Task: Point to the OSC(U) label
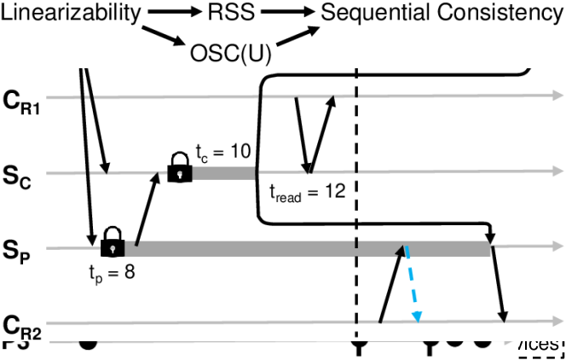pyautogui.click(x=228, y=54)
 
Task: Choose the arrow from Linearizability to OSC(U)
pyautogui.click(x=167, y=37)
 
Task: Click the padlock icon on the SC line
pyautogui.click(x=179, y=168)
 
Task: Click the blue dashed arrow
pyautogui.click(x=412, y=285)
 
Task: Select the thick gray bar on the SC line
pyautogui.click(x=223, y=174)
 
